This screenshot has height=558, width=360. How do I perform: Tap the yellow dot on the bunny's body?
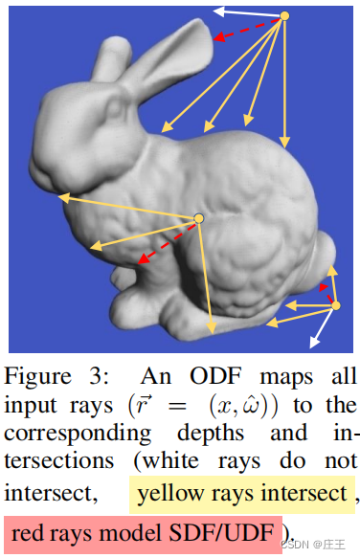pos(199,219)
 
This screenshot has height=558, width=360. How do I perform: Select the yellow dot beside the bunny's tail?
pos(334,305)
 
